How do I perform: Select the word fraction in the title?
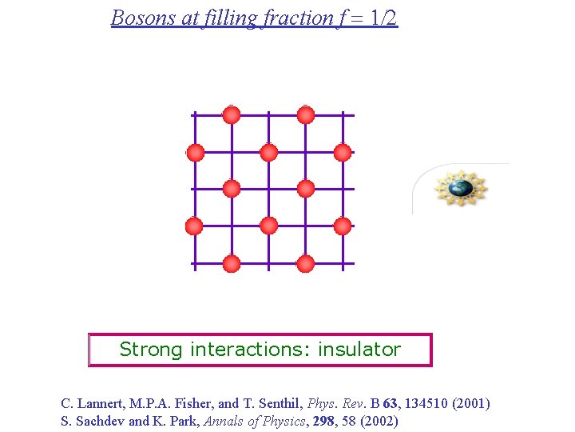(x=292, y=18)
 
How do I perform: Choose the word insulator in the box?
(x=359, y=350)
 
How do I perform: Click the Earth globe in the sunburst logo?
(x=460, y=189)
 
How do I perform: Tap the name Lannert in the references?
(x=100, y=404)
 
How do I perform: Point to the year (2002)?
(x=381, y=422)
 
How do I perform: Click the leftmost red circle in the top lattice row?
(x=232, y=115)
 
